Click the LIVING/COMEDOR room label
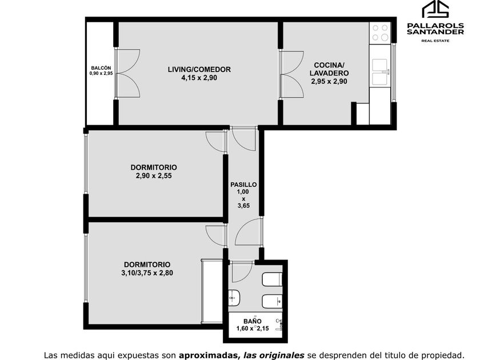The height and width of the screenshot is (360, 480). (x=199, y=70)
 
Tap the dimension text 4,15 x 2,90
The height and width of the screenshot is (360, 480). (x=199, y=78)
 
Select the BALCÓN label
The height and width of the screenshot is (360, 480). (x=101, y=68)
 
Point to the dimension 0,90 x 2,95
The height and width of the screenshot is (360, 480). (x=101, y=74)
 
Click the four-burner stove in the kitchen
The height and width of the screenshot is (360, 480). (x=380, y=33)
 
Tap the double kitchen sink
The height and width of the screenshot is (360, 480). (x=380, y=72)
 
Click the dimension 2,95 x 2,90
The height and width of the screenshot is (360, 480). (x=329, y=81)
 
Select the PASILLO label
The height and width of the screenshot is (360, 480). (x=243, y=185)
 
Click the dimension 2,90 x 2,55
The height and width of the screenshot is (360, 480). (x=154, y=176)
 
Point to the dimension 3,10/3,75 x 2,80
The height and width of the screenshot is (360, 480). (x=147, y=273)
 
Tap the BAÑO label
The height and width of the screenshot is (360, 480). (x=253, y=321)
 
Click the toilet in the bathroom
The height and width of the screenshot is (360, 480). (x=272, y=279)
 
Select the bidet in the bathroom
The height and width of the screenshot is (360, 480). (x=272, y=302)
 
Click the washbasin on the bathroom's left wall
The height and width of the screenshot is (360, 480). (x=234, y=298)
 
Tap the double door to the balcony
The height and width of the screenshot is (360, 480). (x=128, y=74)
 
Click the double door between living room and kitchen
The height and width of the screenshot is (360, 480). (x=291, y=74)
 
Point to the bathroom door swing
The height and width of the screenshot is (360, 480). (x=242, y=271)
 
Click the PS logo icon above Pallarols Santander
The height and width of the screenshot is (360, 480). (x=435, y=10)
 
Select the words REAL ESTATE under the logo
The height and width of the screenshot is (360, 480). (x=435, y=41)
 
